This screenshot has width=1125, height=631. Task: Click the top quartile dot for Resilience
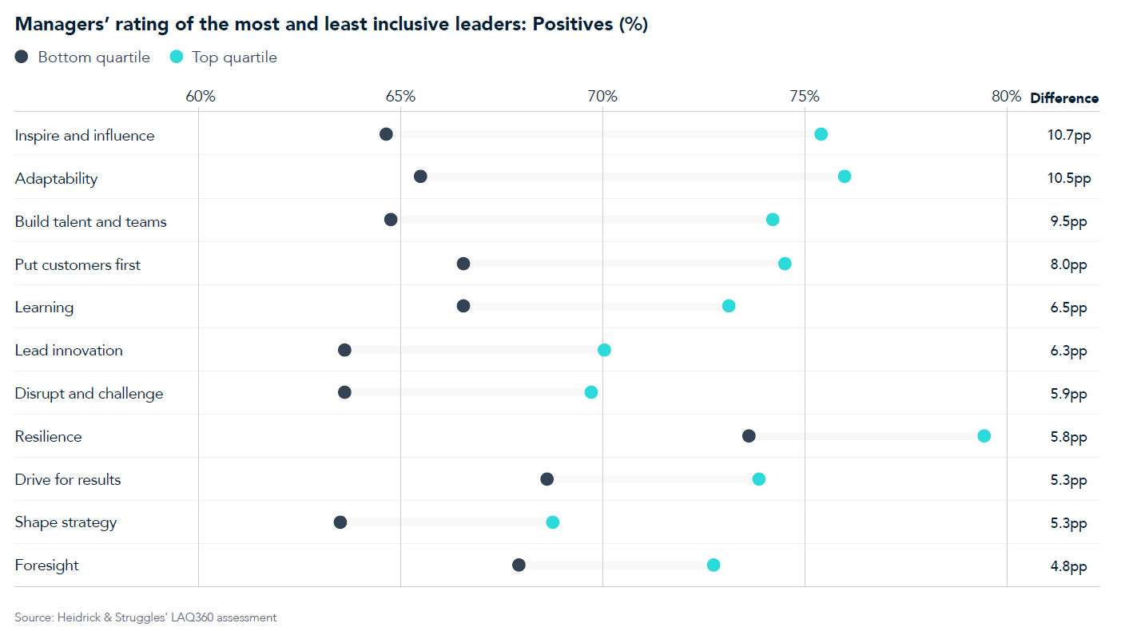[984, 435]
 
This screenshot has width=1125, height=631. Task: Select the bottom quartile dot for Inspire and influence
[386, 134]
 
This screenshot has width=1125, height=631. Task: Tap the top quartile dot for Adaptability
[844, 177]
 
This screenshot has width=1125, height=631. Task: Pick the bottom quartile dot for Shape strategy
[340, 522]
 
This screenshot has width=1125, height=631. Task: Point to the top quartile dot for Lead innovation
[604, 350]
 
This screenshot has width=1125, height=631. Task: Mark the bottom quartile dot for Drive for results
[547, 479]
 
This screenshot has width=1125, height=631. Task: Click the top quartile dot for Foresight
[714, 565]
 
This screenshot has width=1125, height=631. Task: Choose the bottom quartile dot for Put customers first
[463, 264]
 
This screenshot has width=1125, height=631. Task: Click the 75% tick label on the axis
[804, 97]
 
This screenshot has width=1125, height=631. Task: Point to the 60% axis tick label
[201, 97]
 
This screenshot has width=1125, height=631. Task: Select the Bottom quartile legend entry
[83, 58]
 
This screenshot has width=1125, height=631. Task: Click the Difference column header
[1064, 98]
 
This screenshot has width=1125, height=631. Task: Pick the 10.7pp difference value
[1069, 135]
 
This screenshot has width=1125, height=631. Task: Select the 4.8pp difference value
[1069, 566]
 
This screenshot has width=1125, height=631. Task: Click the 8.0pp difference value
[1069, 264]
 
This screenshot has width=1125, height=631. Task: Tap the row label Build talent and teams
[91, 222]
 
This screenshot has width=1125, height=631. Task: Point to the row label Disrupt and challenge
[89, 394]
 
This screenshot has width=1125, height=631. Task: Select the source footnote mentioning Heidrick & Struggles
[145, 617]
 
